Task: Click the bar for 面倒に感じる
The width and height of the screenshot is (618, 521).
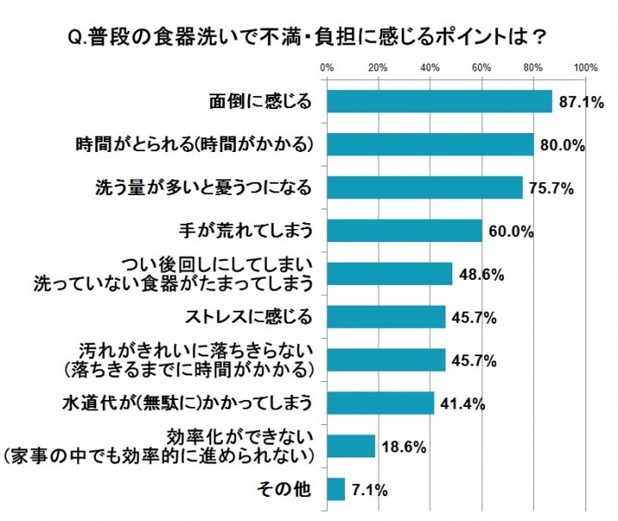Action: point(439,101)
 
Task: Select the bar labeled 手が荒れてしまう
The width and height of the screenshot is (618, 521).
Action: point(404,230)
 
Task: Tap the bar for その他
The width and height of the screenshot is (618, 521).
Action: point(336,489)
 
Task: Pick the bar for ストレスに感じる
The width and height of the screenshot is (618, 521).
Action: point(386,317)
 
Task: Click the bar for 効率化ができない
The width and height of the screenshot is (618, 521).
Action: point(351,446)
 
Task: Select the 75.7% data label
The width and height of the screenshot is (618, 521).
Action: point(549,189)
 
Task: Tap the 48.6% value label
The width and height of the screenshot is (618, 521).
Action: point(479,275)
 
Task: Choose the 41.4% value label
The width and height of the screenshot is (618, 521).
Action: point(461,403)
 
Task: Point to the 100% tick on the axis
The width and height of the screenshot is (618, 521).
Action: point(585,68)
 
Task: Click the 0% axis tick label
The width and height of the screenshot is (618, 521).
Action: point(327,68)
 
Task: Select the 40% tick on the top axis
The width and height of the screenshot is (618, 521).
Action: point(430,68)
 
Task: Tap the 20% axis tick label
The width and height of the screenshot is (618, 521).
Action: point(378,68)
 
